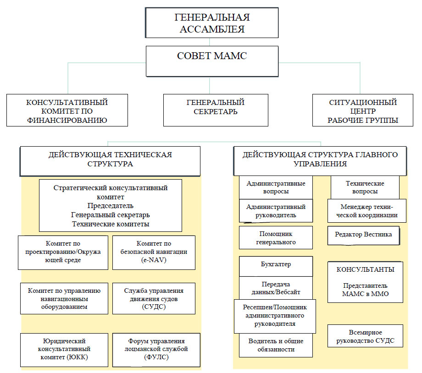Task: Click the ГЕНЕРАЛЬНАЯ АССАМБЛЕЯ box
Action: click(x=212, y=23)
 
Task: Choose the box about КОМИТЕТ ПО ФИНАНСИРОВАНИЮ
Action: click(x=67, y=110)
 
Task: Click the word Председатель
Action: click(x=110, y=206)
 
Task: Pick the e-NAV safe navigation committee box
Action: click(x=154, y=252)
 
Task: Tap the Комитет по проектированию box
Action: click(x=63, y=252)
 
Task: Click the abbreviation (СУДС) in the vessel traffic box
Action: click(x=154, y=307)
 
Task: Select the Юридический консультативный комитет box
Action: click(x=64, y=349)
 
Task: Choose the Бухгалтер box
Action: click(x=276, y=265)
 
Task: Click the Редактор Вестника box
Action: click(x=363, y=235)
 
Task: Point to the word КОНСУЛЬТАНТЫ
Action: click(x=365, y=269)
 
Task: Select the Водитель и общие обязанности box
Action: click(x=276, y=345)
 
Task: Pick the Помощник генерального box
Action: click(x=276, y=237)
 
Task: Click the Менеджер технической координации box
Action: click(x=366, y=211)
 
